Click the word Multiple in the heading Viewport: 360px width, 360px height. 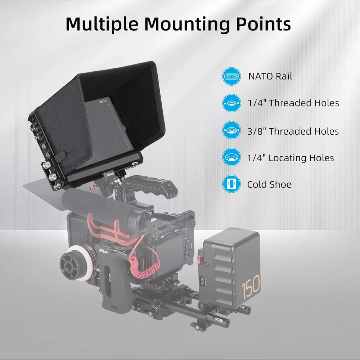click(102, 24)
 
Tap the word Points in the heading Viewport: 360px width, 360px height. click(264, 24)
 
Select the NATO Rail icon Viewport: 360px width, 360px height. click(231, 76)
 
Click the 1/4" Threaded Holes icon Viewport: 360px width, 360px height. click(231, 103)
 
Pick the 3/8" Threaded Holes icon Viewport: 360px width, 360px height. click(231, 130)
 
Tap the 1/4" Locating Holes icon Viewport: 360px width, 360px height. click(231, 157)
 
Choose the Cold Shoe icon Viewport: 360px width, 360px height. click(231, 184)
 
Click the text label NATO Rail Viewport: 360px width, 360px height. click(270, 76)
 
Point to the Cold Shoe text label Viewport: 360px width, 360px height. click(269, 184)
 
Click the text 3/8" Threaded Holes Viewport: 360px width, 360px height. click(293, 131)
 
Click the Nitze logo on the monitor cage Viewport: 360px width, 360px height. click(135, 163)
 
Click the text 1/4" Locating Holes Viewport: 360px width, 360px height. click(291, 158)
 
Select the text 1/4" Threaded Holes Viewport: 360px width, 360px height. click(293, 103)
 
